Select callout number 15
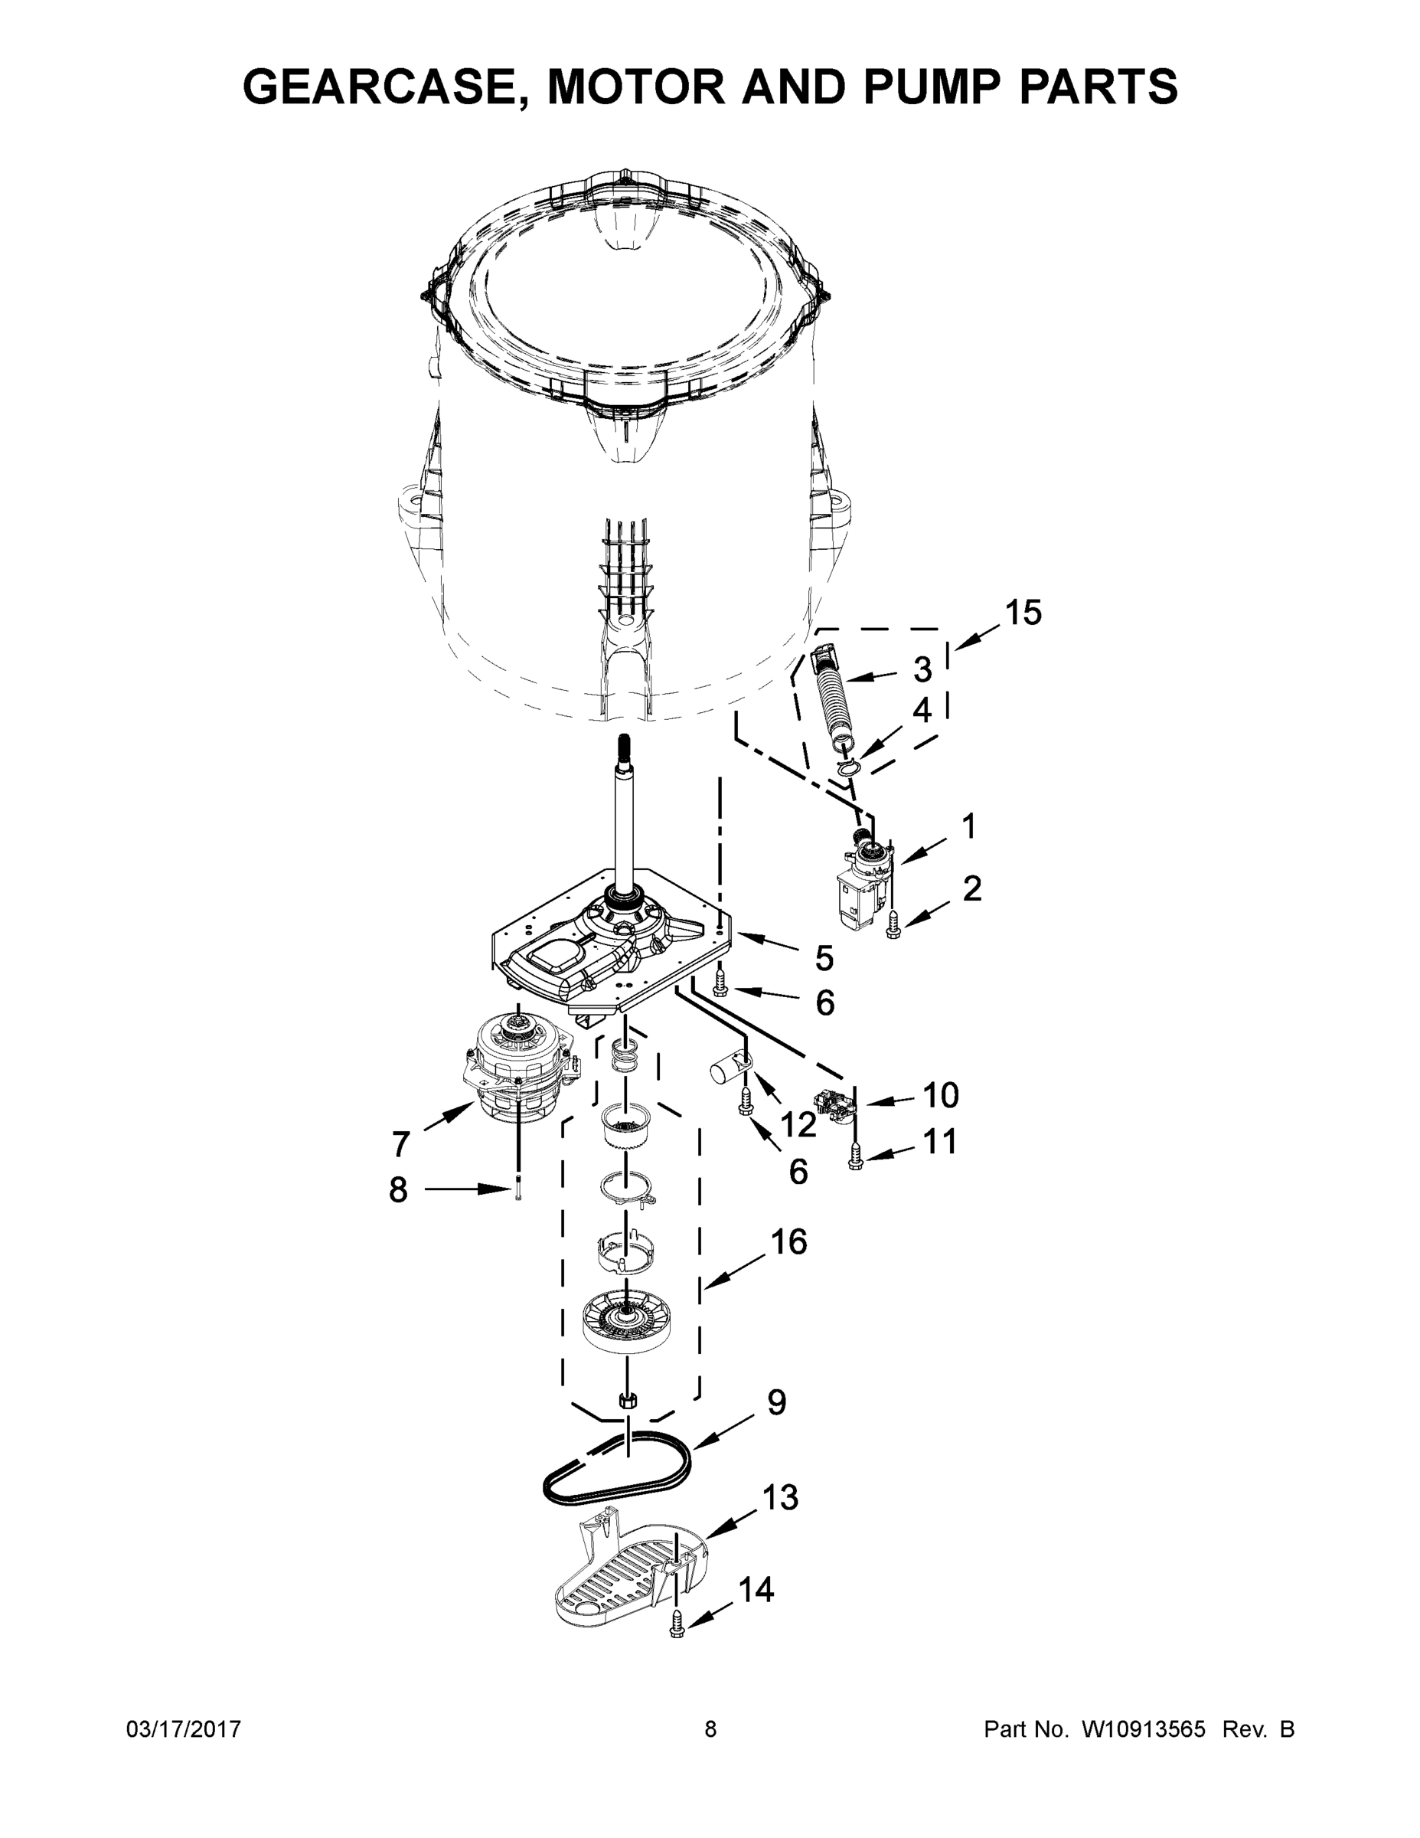pos(1023,613)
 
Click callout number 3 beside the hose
pos(923,670)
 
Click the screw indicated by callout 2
pos(893,928)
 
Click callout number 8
pos(398,1189)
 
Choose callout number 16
pos(789,1242)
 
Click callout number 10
pos(941,1095)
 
